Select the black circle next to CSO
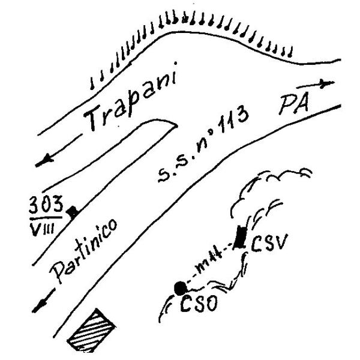[x=178, y=288]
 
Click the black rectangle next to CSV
[x=241, y=236]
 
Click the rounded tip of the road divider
[x=174, y=124]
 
